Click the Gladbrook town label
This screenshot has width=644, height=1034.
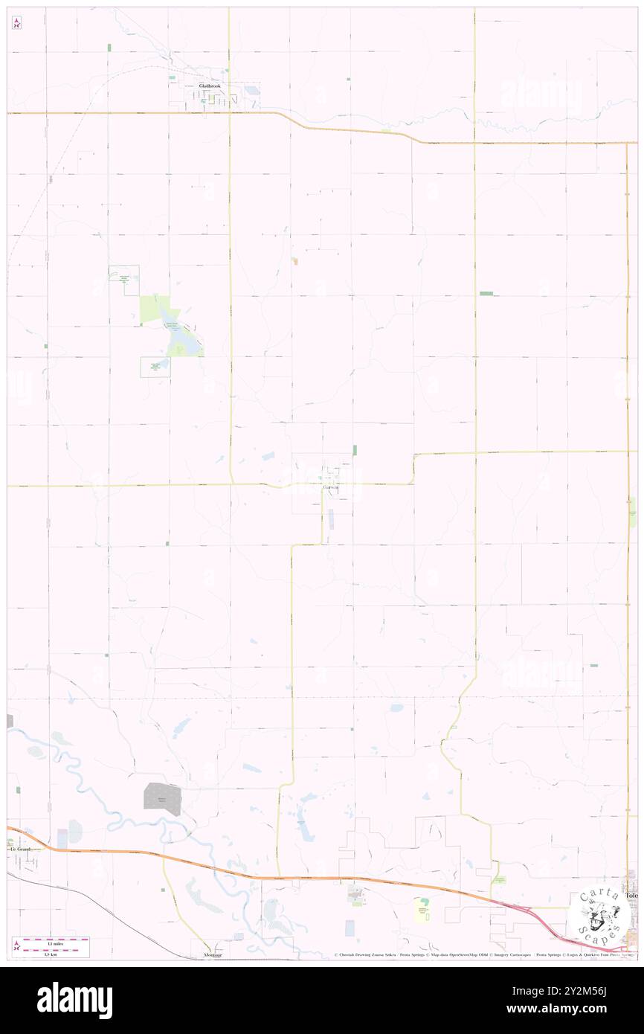(210, 86)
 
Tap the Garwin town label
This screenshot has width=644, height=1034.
(331, 488)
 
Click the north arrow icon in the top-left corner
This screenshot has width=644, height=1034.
(16, 23)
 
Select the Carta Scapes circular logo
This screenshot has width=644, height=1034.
(599, 915)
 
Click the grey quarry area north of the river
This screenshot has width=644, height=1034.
(162, 799)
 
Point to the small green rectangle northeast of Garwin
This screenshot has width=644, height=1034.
(355, 450)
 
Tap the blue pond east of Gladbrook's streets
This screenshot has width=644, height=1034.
(252, 91)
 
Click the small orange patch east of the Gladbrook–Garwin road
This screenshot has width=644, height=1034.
(294, 261)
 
